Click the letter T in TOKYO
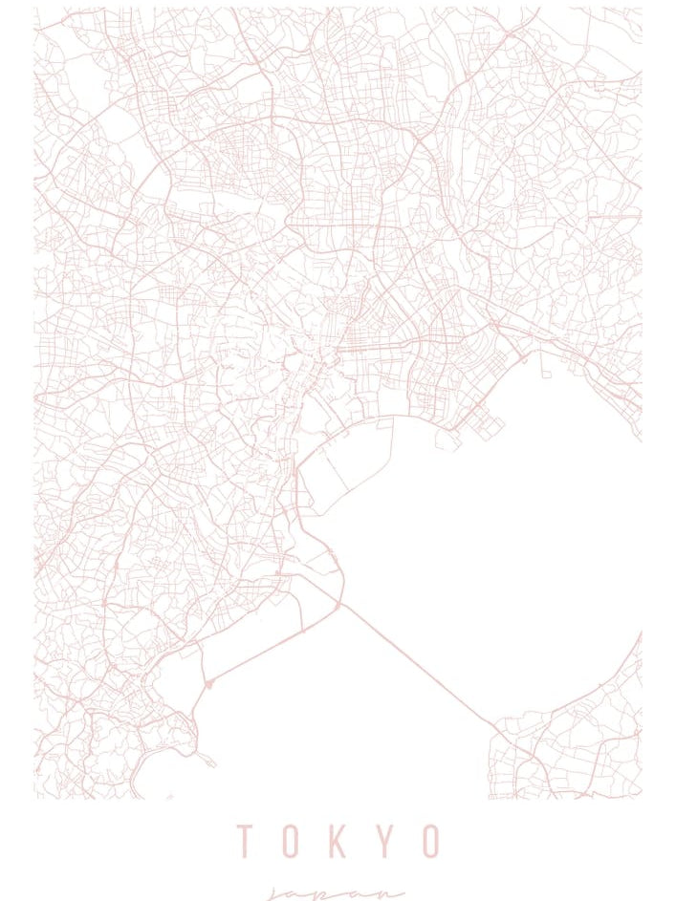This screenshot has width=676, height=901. click(245, 841)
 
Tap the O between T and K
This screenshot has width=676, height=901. click(292, 841)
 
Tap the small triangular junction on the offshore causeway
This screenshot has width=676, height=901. click(208, 683)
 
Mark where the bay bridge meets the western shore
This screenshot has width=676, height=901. click(339, 604)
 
